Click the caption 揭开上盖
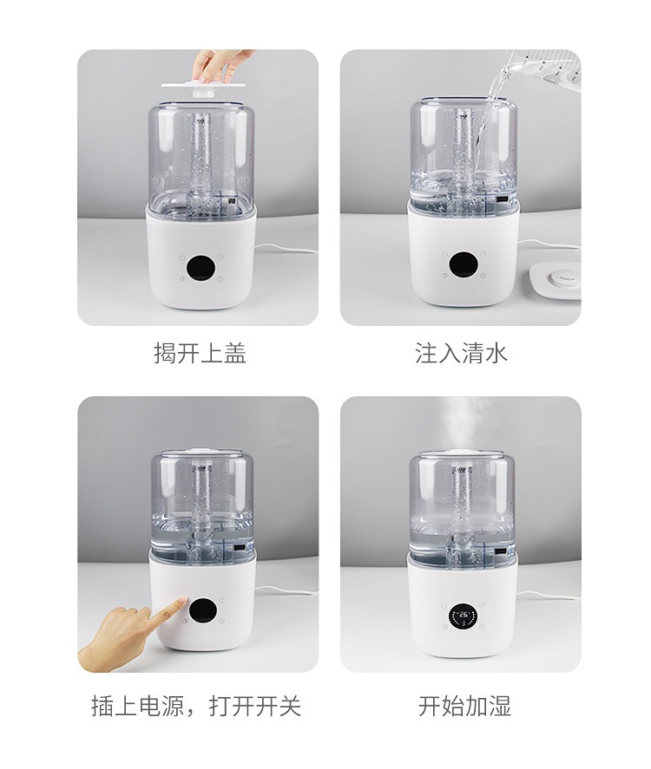pyautogui.click(x=200, y=353)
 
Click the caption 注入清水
pyautogui.click(x=461, y=353)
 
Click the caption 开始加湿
pyautogui.click(x=464, y=707)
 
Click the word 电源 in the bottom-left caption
pyautogui.click(x=161, y=707)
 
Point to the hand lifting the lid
pyautogui.click(x=216, y=65)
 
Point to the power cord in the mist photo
pyautogui.click(x=549, y=595)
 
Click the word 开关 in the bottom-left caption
pyautogui.click(x=278, y=707)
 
